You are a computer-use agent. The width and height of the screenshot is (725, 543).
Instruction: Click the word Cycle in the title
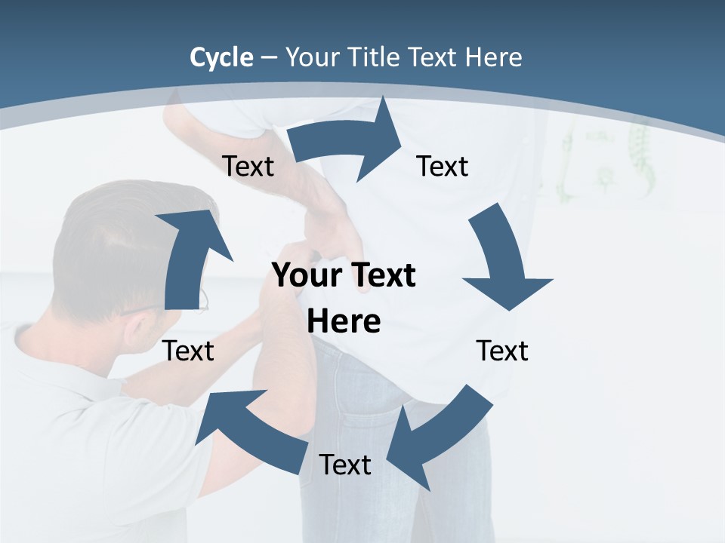[221, 57]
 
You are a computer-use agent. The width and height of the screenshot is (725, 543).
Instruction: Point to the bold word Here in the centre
[344, 322]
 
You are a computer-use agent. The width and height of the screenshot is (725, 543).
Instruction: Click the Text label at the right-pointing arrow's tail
[248, 166]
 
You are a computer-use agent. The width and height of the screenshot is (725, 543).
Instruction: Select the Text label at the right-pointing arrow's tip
[443, 166]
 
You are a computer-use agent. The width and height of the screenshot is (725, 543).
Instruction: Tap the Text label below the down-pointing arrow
[502, 351]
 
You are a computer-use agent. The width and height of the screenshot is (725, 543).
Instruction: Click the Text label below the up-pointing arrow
[189, 351]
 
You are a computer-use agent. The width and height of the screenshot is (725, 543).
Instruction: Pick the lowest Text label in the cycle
[345, 465]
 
